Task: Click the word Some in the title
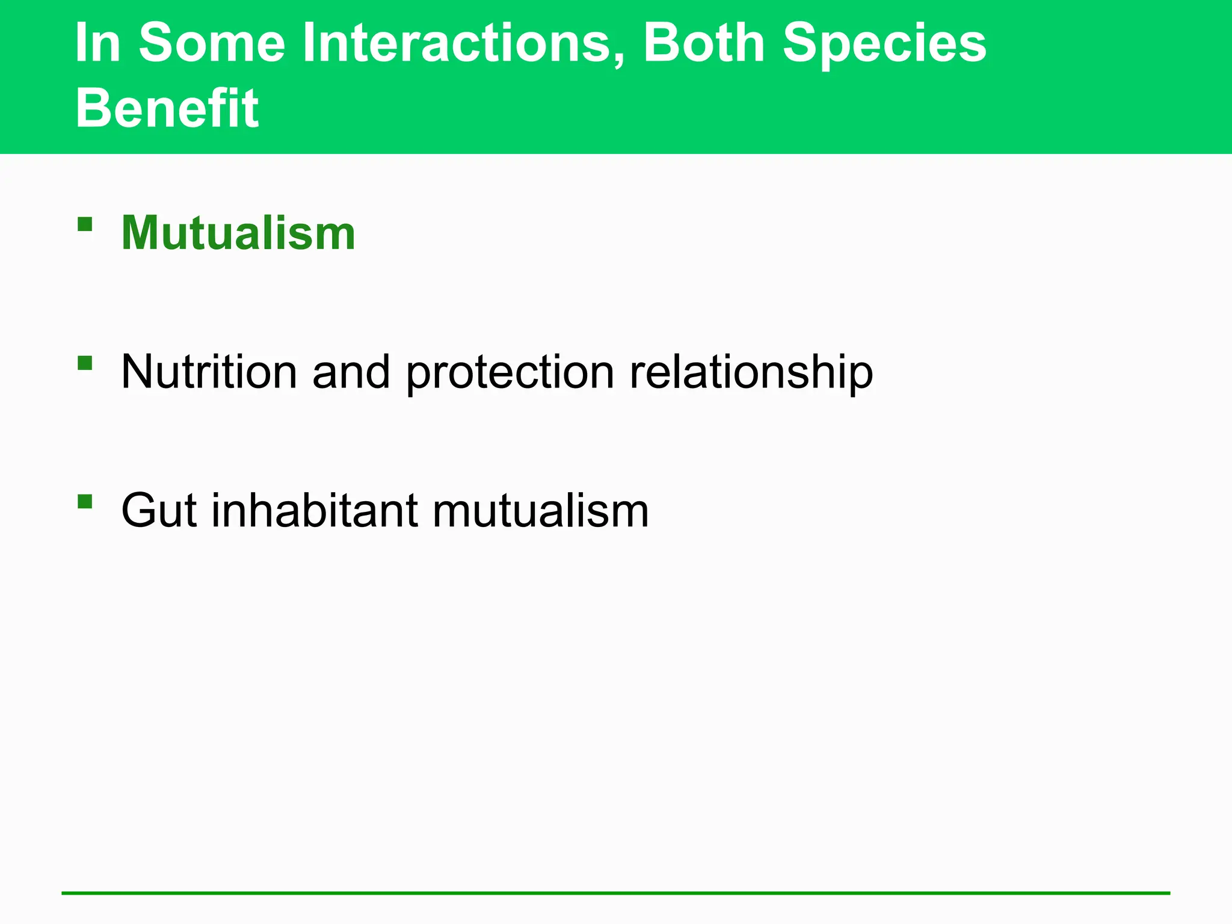(x=212, y=43)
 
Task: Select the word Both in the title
(x=704, y=43)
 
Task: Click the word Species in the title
(x=884, y=43)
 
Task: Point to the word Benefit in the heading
(x=167, y=108)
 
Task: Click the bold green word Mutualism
(x=238, y=233)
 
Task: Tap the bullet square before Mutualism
(x=85, y=224)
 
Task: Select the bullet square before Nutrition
(x=85, y=363)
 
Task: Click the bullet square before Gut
(x=85, y=501)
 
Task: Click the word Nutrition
(x=209, y=372)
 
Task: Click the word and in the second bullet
(x=351, y=372)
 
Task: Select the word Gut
(x=159, y=511)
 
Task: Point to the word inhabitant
(x=315, y=511)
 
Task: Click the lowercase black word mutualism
(x=540, y=511)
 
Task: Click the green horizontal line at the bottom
(x=616, y=893)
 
